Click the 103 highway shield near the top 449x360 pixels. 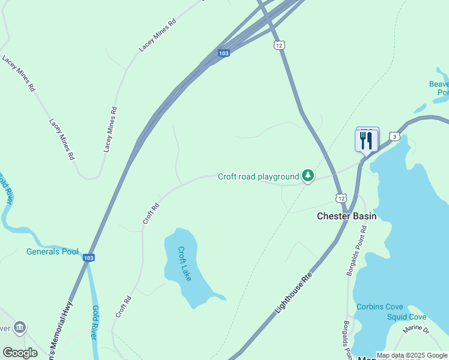click(223, 53)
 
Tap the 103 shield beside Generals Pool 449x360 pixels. click(88, 257)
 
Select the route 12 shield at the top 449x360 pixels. click(279, 45)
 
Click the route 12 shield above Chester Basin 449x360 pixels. click(341, 198)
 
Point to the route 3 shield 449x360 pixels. click(394, 137)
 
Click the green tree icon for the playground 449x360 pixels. click(308, 176)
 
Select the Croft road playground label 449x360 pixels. click(258, 176)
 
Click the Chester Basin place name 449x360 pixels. click(346, 216)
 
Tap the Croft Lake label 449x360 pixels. click(185, 264)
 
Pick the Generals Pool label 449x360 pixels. click(52, 251)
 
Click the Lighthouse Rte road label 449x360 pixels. click(295, 292)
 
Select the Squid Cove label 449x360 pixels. click(406, 317)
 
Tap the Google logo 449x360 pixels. click(20, 352)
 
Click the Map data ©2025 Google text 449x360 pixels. click(412, 355)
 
